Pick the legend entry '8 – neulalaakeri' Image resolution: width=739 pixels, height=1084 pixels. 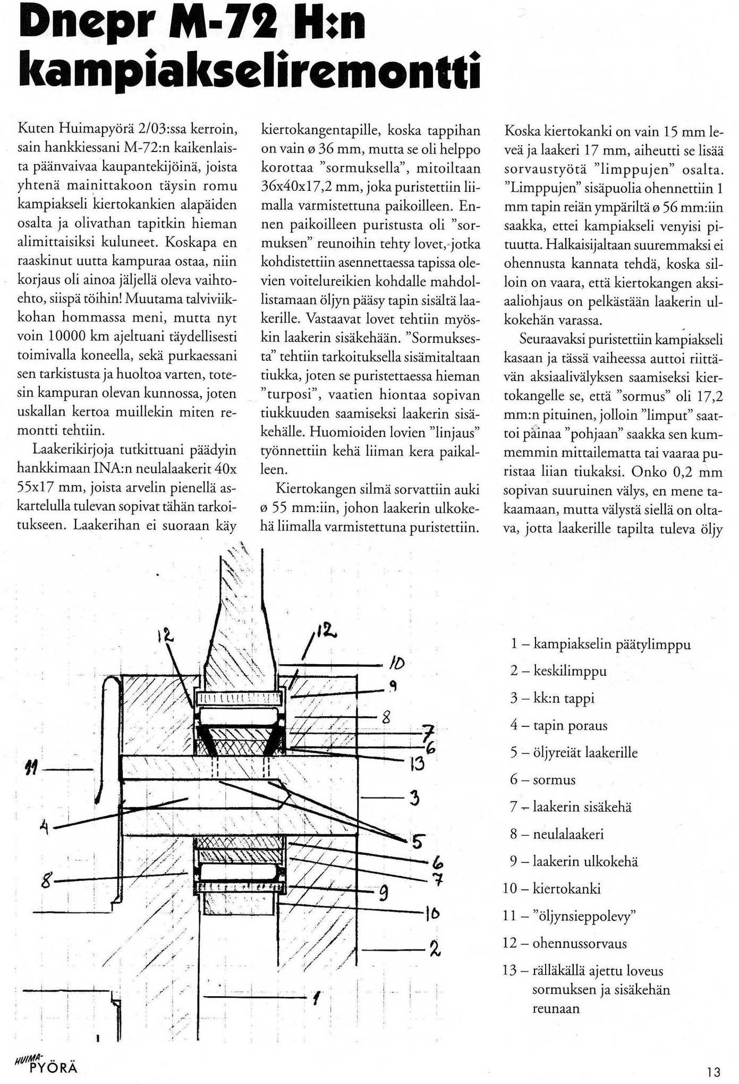(x=557, y=834)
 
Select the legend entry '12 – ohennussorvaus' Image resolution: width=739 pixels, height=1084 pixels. (x=565, y=943)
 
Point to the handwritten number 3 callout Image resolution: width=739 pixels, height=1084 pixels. (x=415, y=797)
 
